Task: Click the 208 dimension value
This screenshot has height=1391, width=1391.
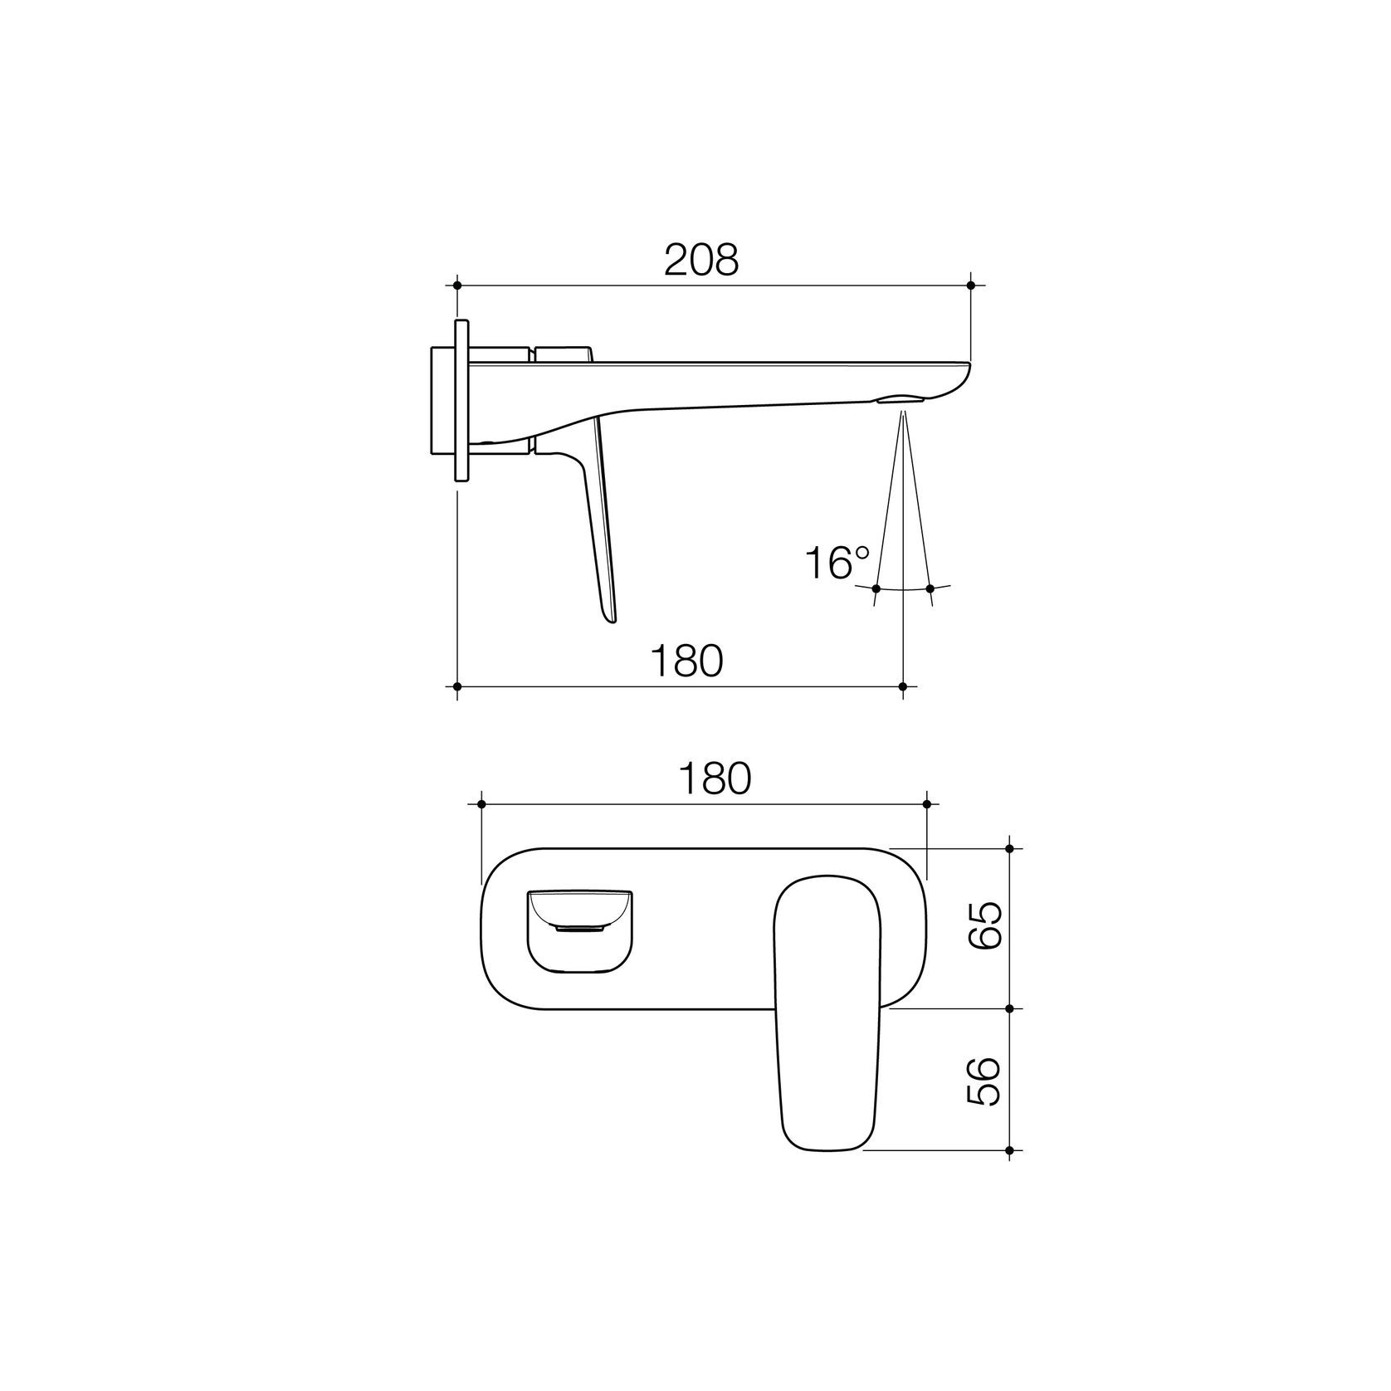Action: pyautogui.click(x=700, y=261)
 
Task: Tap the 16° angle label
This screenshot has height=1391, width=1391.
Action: pyautogui.click(x=836, y=564)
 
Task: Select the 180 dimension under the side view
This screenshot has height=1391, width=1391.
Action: pyautogui.click(x=686, y=661)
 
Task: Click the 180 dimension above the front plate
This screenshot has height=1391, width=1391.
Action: pyautogui.click(x=715, y=778)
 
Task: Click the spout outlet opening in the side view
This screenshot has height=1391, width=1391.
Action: pyautogui.click(x=901, y=399)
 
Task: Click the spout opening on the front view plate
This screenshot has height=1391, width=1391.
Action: pyautogui.click(x=580, y=930)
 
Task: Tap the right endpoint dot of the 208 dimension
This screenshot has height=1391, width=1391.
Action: pyautogui.click(x=971, y=286)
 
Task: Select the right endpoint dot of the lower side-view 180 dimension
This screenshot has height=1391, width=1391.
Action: pyautogui.click(x=903, y=686)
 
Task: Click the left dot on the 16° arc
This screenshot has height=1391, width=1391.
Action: pyautogui.click(x=877, y=588)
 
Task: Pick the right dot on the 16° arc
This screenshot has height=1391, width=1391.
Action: pyautogui.click(x=930, y=588)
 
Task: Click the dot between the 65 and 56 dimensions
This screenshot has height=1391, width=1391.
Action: pyautogui.click(x=1009, y=1008)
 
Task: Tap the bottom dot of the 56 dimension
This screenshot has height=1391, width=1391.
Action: pyautogui.click(x=1009, y=1150)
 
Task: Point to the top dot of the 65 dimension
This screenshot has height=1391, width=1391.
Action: pyautogui.click(x=1009, y=848)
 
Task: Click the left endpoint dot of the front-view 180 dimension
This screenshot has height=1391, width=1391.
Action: pyautogui.click(x=481, y=804)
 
